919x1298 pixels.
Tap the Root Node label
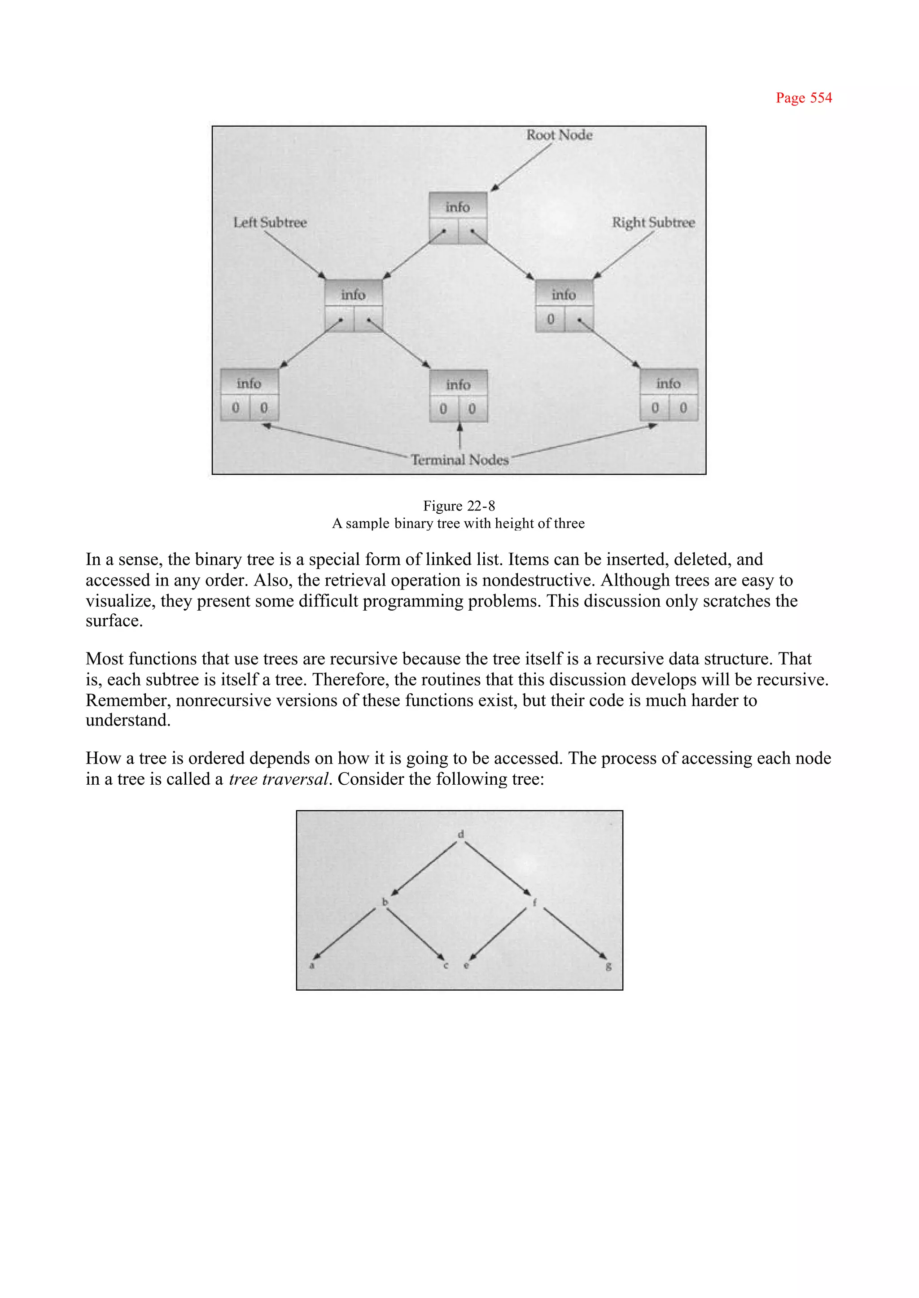point(559,135)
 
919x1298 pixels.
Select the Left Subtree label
point(270,223)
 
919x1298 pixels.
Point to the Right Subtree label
point(653,223)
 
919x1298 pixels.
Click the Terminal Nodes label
point(459,459)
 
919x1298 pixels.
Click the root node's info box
point(457,207)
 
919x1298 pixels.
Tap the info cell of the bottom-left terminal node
point(249,384)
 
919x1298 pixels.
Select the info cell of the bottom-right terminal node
point(668,384)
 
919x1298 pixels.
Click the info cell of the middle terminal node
point(458,385)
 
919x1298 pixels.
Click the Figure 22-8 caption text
point(459,506)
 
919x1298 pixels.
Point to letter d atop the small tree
point(461,834)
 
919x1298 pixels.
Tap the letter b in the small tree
point(385,902)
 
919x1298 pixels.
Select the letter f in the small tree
point(534,902)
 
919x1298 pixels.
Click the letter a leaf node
point(311,966)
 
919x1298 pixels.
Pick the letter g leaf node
point(608,966)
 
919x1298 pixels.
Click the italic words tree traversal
point(278,779)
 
